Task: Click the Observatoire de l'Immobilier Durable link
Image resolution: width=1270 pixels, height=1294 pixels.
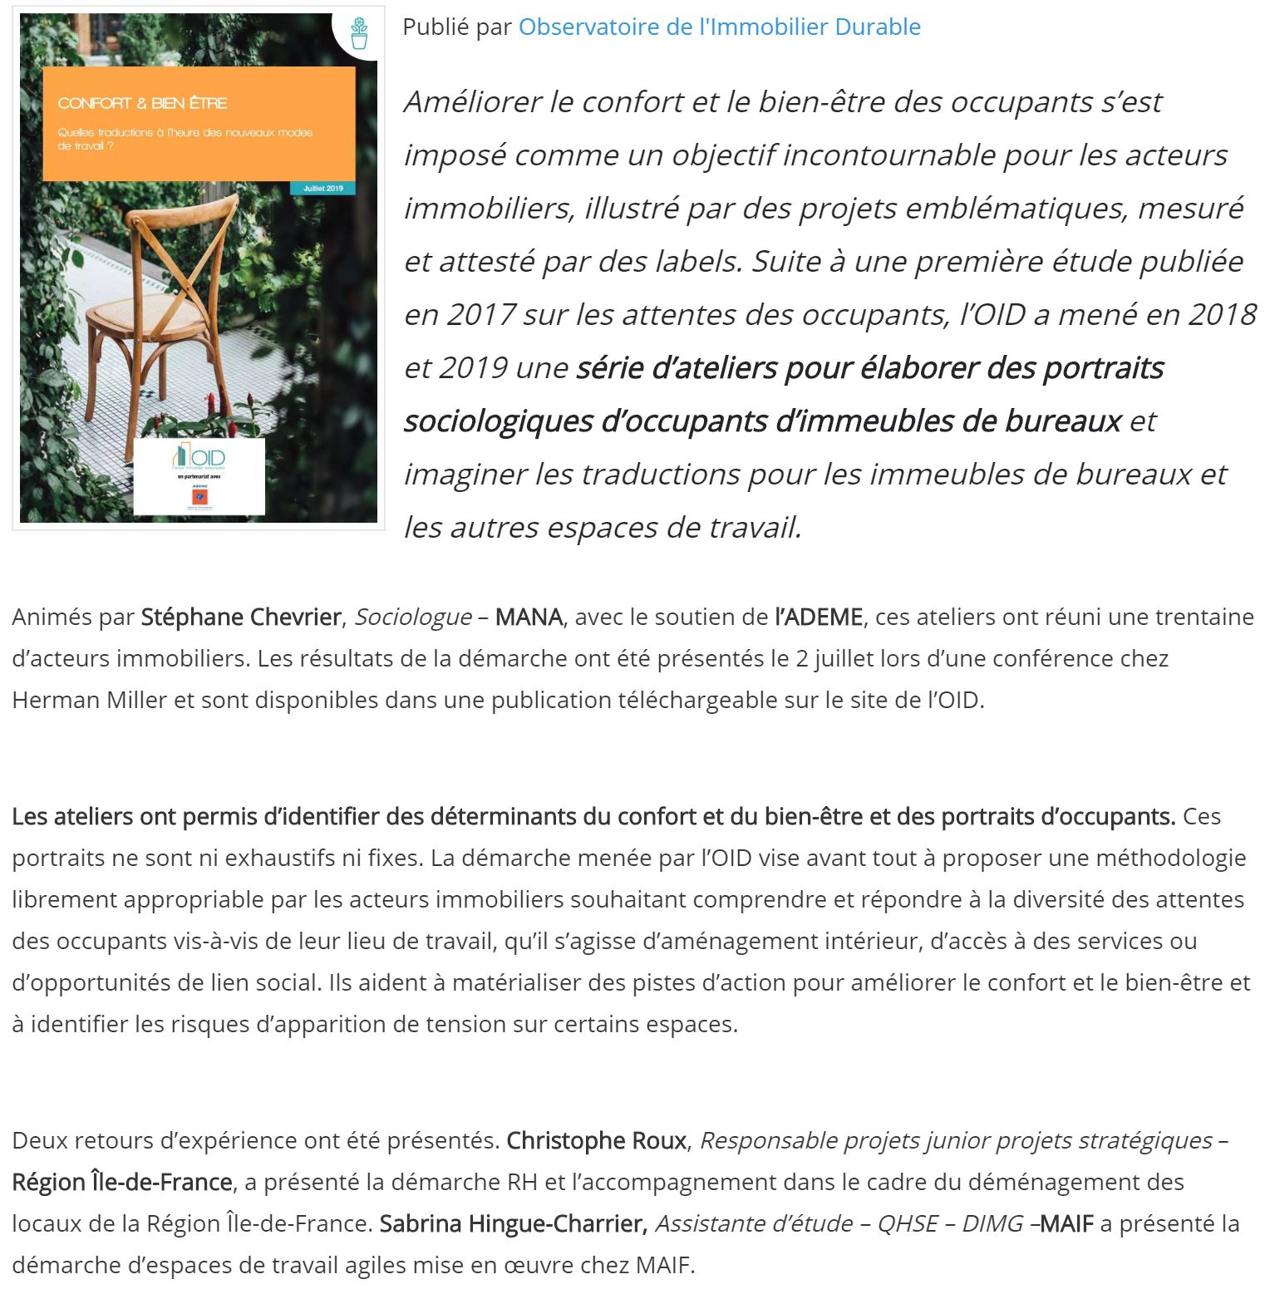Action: (719, 27)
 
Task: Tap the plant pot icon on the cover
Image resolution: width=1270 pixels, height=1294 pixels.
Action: (359, 34)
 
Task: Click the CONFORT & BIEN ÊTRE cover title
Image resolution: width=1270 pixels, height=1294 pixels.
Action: (142, 103)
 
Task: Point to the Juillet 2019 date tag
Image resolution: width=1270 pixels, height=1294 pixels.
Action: (322, 189)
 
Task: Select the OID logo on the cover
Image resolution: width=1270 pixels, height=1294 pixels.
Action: (199, 457)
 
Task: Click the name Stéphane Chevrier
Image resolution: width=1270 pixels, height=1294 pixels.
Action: (240, 617)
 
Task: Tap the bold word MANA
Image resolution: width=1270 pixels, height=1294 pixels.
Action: (529, 617)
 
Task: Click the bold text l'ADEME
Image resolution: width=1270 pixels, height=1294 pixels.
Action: (819, 617)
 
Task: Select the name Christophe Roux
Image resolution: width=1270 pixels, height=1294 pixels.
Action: (597, 1140)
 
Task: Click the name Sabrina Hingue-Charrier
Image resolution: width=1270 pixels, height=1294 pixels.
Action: (513, 1223)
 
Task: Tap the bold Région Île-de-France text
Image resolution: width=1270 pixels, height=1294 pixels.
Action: (122, 1182)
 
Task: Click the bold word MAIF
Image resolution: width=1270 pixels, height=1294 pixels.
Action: (1066, 1223)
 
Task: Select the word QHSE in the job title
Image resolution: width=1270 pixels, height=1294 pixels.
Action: (908, 1223)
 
